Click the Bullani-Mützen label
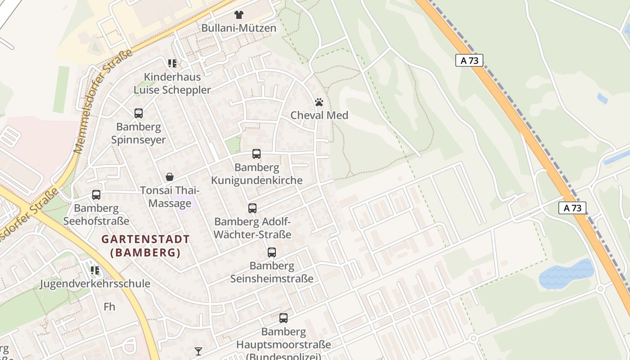click(x=238, y=28)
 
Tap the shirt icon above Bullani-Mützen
click(x=238, y=15)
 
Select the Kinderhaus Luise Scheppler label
click(x=172, y=83)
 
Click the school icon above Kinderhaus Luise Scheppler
click(x=172, y=63)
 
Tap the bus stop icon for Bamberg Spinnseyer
click(x=139, y=113)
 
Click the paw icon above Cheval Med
click(x=319, y=102)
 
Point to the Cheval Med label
click(x=319, y=115)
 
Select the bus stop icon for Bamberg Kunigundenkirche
click(x=256, y=154)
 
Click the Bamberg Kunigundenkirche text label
click(x=257, y=174)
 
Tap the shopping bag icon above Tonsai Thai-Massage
click(x=170, y=177)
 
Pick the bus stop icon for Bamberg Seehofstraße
click(x=96, y=195)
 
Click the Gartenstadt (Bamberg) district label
click(x=145, y=246)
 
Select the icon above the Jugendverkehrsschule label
click(x=95, y=270)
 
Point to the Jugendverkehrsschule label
click(x=95, y=283)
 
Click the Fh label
click(x=109, y=307)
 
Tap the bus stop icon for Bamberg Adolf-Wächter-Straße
click(x=252, y=208)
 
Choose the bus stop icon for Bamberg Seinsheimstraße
click(x=272, y=252)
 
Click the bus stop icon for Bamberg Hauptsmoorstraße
click(x=283, y=318)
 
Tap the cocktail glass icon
click(x=198, y=351)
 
